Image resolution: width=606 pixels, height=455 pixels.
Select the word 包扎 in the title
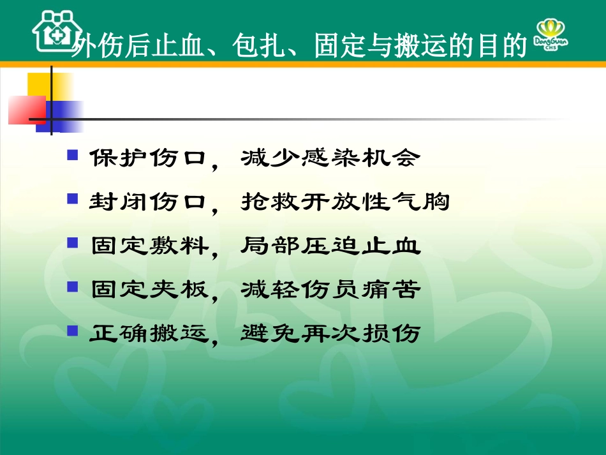[266, 47]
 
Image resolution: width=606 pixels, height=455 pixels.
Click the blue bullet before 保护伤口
[73, 155]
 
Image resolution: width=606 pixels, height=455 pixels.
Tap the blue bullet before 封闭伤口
[73, 199]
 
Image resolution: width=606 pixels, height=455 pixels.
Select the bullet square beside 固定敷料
[73, 243]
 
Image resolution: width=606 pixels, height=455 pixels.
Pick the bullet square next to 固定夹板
[73, 287]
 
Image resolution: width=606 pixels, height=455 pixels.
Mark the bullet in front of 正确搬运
[73, 331]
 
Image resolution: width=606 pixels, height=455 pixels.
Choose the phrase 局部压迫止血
[330, 246]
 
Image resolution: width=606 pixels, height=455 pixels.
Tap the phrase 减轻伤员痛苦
[330, 290]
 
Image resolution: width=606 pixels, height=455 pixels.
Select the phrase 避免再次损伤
[330, 333]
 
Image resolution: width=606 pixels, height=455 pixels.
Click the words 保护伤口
[149, 158]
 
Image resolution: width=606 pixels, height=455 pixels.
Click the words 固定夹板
[149, 290]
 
